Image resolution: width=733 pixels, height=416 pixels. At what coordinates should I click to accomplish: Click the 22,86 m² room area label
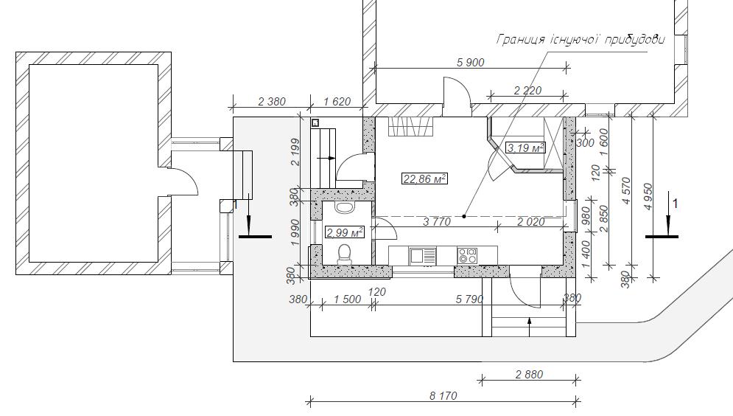(x=424, y=178)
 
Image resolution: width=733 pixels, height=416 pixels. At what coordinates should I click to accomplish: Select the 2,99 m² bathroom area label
(x=345, y=232)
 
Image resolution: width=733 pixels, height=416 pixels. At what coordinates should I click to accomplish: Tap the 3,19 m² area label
(x=525, y=148)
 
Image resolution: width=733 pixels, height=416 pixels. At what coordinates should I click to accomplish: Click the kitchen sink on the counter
(x=423, y=256)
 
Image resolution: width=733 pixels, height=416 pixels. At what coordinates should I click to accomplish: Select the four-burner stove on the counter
(x=468, y=255)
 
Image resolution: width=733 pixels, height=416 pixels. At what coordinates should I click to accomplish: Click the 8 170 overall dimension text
(x=443, y=396)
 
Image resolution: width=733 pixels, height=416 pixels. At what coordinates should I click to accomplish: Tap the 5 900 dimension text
(x=470, y=62)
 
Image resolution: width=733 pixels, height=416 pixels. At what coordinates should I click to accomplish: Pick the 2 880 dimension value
(x=530, y=375)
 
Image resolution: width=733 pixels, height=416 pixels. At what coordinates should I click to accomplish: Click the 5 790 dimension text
(x=469, y=299)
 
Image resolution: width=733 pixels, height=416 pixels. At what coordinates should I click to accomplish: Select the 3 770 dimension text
(x=437, y=222)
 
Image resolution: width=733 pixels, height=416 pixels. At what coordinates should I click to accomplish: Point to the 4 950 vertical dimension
(x=648, y=196)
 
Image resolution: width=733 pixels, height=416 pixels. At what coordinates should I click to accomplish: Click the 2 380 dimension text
(x=272, y=101)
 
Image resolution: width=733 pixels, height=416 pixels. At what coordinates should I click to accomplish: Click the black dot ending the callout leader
(x=464, y=216)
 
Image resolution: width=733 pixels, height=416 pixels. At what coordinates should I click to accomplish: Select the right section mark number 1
(x=675, y=203)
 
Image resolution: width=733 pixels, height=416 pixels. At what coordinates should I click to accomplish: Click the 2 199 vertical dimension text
(x=295, y=152)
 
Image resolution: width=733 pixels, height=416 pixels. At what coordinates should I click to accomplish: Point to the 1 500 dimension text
(x=348, y=299)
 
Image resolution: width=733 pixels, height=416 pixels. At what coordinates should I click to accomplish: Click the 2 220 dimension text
(x=527, y=90)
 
